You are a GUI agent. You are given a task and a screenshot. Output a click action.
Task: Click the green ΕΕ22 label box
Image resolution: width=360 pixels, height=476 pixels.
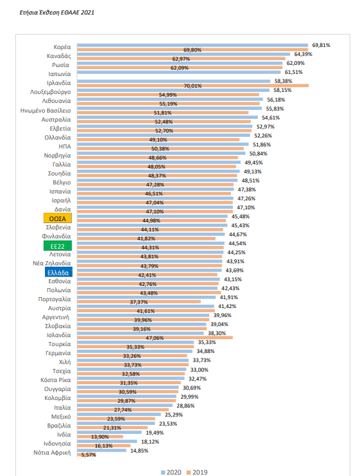coord(57,245)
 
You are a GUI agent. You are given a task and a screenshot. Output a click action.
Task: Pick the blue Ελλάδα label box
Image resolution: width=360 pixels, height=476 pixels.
coord(57,273)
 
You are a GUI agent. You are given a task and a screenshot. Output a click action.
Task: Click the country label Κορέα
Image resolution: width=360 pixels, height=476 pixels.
coord(61,47)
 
